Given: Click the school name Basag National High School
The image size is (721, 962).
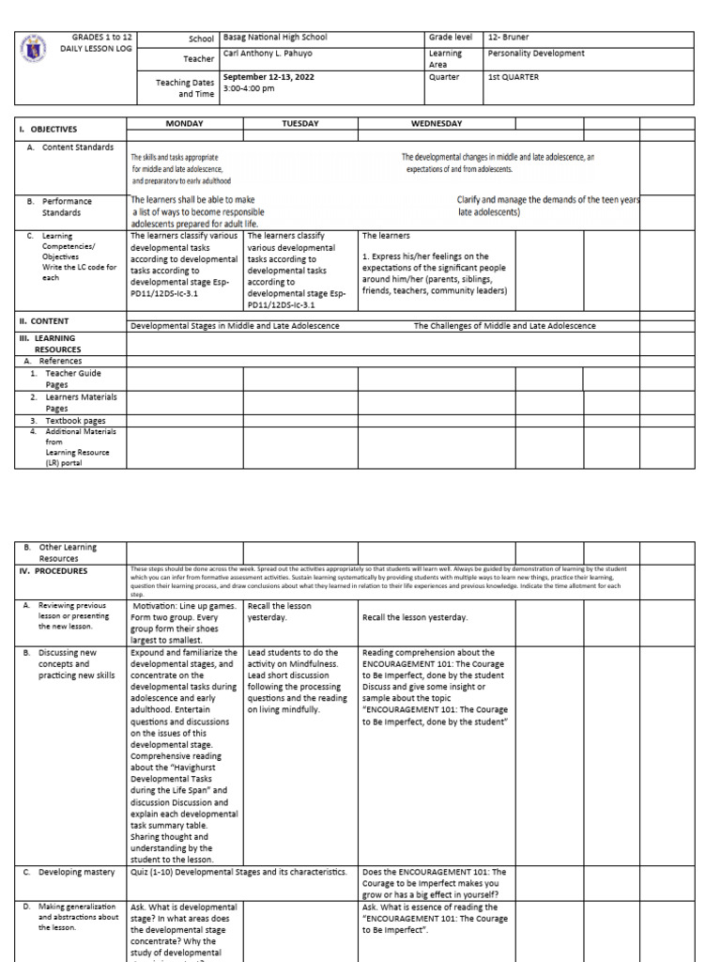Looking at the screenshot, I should pos(275,37).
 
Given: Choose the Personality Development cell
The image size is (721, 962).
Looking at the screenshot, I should pos(536,54).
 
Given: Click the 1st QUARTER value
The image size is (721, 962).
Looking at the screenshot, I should pos(513,77).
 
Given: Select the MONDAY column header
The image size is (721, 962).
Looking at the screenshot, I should pos(185,123).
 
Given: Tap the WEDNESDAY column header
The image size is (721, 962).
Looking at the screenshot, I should pos(437,123).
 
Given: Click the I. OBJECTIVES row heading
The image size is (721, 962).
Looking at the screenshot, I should pos(50,130).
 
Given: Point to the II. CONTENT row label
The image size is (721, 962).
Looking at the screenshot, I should pos(45,320).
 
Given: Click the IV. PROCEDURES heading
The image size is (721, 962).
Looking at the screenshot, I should pos(54,570).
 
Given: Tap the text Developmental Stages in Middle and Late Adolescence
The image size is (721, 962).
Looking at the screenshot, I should pos(235,326).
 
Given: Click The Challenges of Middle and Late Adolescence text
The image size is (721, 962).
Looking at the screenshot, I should pos(505,326).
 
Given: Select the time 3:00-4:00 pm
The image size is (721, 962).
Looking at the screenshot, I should pos(249,88).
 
